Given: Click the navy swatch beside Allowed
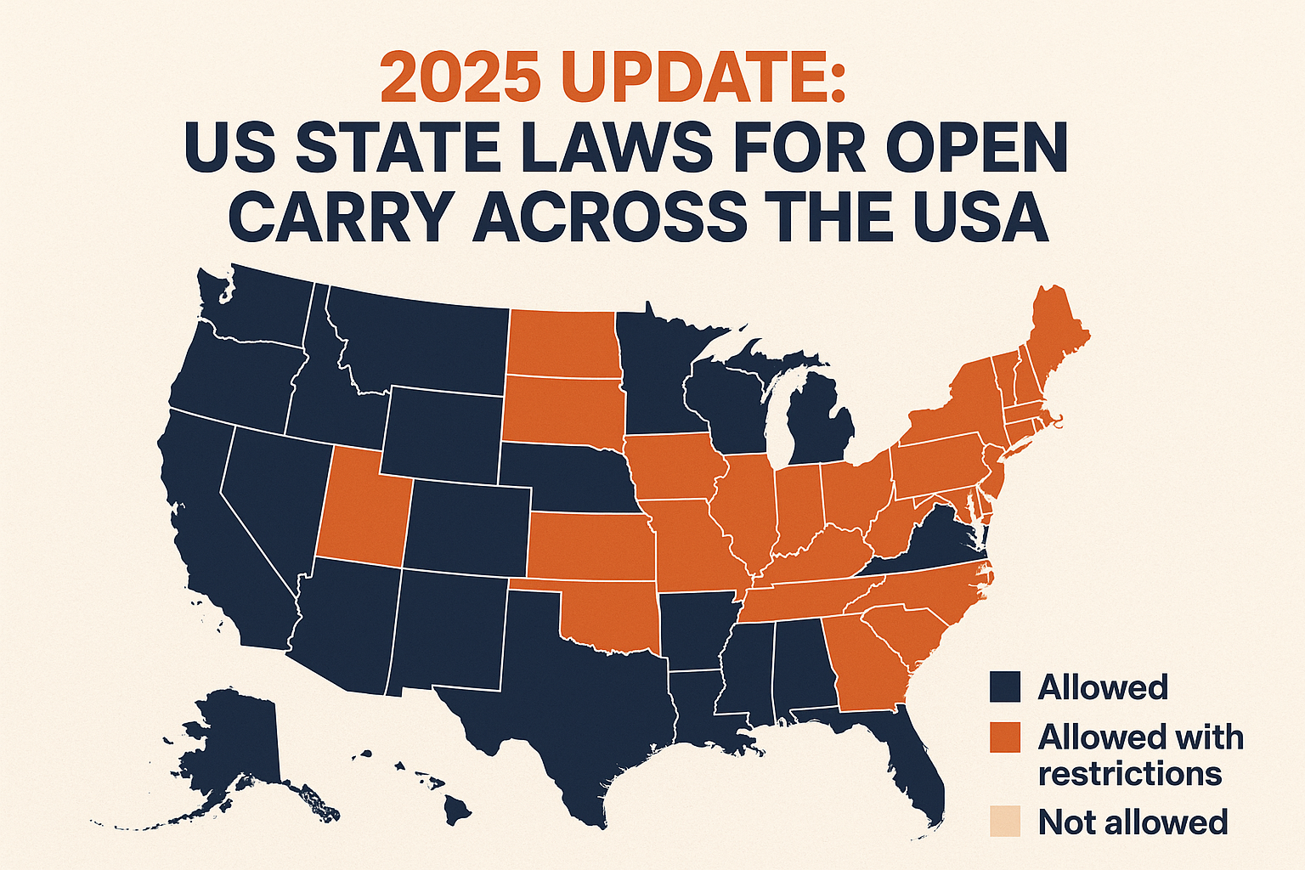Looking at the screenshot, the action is click(1005, 686).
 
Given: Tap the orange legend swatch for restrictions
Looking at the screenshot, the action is click(1005, 737).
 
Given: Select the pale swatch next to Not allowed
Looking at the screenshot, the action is click(1005, 822).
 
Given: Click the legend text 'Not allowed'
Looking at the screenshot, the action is click(1133, 822).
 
